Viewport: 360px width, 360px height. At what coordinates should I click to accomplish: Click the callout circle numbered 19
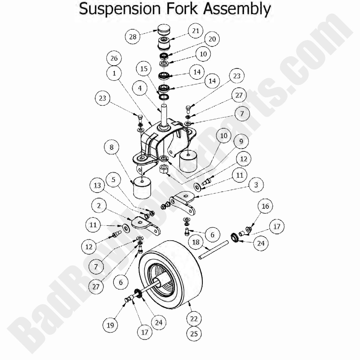click(x=110, y=325)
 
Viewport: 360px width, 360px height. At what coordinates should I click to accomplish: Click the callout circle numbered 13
click(x=97, y=186)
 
